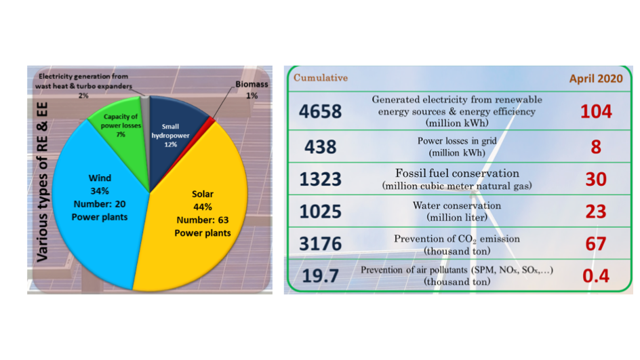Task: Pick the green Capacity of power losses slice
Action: [x=123, y=131]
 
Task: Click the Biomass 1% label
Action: [x=252, y=89]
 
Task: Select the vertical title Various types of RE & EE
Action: [x=43, y=182]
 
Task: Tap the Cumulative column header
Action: [x=321, y=77]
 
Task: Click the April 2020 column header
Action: [x=596, y=79]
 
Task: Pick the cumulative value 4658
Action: [x=321, y=111]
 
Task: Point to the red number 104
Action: [x=596, y=111]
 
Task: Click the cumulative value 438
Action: [x=321, y=147]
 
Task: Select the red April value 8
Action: [x=596, y=147]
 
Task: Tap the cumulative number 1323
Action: [x=321, y=179]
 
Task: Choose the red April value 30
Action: [x=596, y=179]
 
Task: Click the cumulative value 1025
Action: [x=321, y=212]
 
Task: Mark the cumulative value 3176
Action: [x=321, y=243]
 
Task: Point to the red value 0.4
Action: [x=596, y=276]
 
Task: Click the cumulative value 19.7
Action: [x=321, y=276]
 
